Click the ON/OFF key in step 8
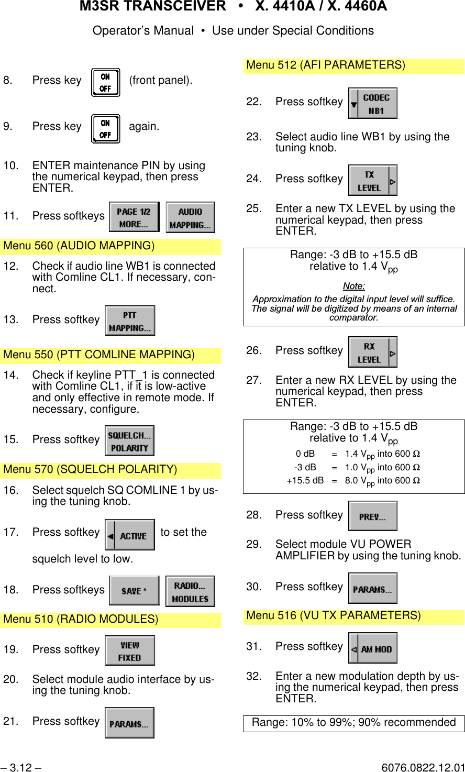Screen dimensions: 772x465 (105, 82)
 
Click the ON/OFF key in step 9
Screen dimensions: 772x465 (105, 129)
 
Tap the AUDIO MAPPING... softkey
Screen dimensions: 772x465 (190, 217)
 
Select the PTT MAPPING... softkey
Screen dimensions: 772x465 (130, 321)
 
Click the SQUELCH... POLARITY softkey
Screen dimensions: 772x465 (129, 441)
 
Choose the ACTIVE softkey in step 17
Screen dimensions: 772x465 (130, 535)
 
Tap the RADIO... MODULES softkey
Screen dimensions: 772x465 (190, 592)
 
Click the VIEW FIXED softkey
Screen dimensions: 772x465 (130, 650)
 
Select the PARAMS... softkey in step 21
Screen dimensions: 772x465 (129, 723)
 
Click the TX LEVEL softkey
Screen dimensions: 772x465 (372, 181)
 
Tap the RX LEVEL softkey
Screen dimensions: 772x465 (372, 352)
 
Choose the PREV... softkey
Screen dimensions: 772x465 (373, 516)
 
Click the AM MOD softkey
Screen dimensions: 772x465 (373, 648)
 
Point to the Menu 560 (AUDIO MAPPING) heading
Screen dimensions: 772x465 (79, 246)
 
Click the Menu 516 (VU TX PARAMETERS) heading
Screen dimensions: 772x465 (334, 615)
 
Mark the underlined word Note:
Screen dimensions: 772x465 (354, 286)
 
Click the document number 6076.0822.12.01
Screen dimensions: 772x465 (423, 768)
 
